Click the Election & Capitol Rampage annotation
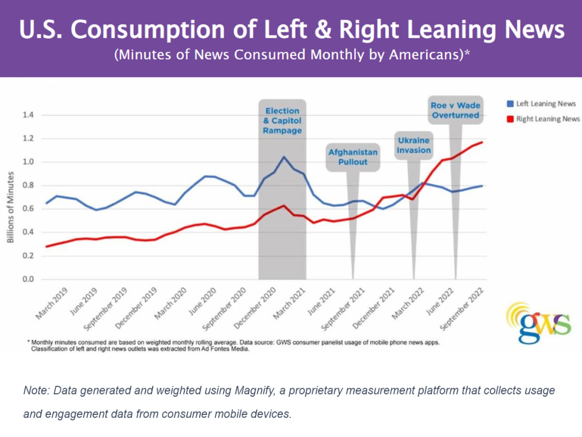(x=282, y=121)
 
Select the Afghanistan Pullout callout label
(x=353, y=157)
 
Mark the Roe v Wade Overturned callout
(x=455, y=110)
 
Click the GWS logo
(x=538, y=322)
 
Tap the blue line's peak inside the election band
(x=283, y=157)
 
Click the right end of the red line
(x=482, y=142)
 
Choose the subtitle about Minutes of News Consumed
(x=291, y=56)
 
